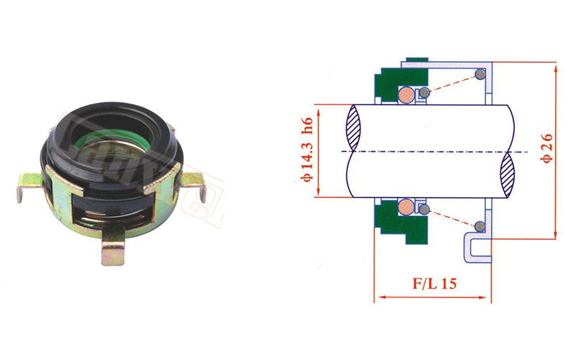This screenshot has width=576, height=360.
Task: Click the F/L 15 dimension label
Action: (434, 283)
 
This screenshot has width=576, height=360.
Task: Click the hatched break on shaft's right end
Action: (508, 174)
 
